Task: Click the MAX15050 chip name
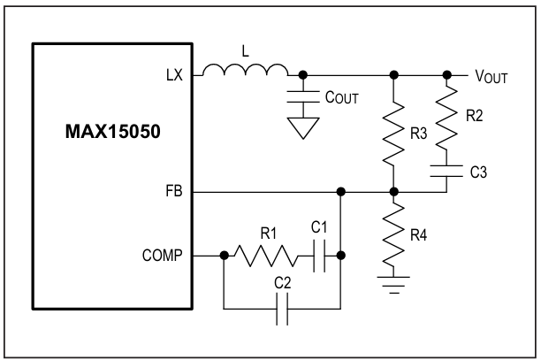click(113, 132)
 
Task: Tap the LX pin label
click(174, 75)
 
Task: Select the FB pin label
click(174, 191)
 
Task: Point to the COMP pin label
click(162, 256)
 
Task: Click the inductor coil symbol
click(245, 69)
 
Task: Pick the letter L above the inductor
click(245, 51)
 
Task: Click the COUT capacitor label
click(342, 97)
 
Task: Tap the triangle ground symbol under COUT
click(303, 127)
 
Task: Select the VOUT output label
click(491, 76)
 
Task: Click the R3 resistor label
click(418, 134)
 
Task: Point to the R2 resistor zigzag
click(446, 117)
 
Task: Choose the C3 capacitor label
click(478, 172)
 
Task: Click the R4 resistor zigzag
click(393, 234)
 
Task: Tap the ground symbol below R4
click(393, 285)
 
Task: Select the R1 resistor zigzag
click(266, 256)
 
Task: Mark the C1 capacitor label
click(319, 227)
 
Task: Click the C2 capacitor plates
click(282, 309)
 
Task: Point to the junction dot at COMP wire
click(225, 256)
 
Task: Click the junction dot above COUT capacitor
click(303, 75)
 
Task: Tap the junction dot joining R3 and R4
click(393, 192)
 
